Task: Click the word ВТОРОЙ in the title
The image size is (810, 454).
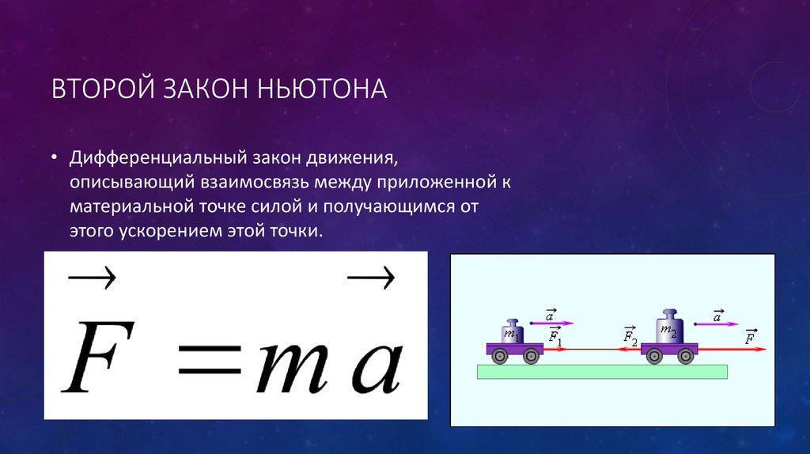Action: (103, 89)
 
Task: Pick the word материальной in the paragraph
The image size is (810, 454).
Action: (132, 206)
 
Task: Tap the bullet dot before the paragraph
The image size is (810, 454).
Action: (55, 156)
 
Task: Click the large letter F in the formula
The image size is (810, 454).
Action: (98, 357)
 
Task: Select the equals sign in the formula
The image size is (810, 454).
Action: (210, 359)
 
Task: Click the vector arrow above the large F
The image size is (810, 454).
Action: (92, 278)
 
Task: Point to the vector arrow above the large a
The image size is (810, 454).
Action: (371, 278)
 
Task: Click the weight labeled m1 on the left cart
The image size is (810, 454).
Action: (512, 331)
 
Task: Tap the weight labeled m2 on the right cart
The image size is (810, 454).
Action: (669, 327)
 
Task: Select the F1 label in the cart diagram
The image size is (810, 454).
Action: (555, 335)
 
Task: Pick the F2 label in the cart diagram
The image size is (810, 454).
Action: (630, 335)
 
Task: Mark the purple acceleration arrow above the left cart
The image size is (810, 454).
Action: (552, 323)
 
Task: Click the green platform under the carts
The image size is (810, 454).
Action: (602, 372)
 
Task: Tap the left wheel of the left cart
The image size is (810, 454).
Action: (500, 356)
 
